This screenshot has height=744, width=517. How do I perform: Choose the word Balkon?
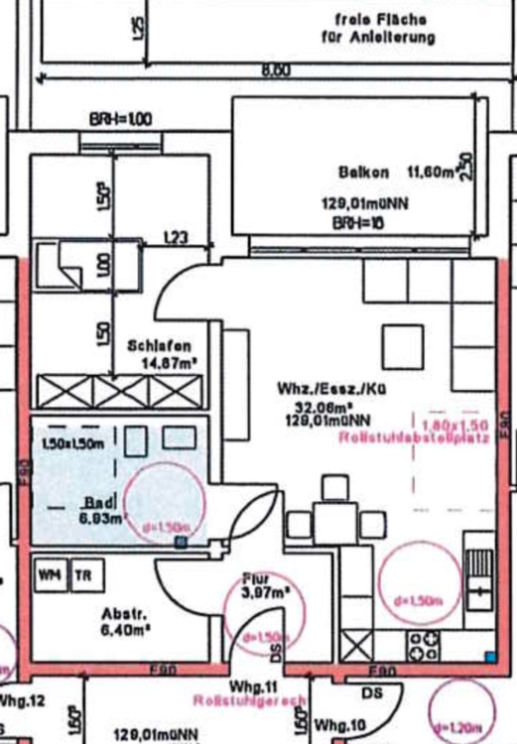364,172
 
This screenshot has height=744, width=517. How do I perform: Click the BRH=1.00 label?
120,119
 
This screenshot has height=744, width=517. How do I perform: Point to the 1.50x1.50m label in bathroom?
73,444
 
